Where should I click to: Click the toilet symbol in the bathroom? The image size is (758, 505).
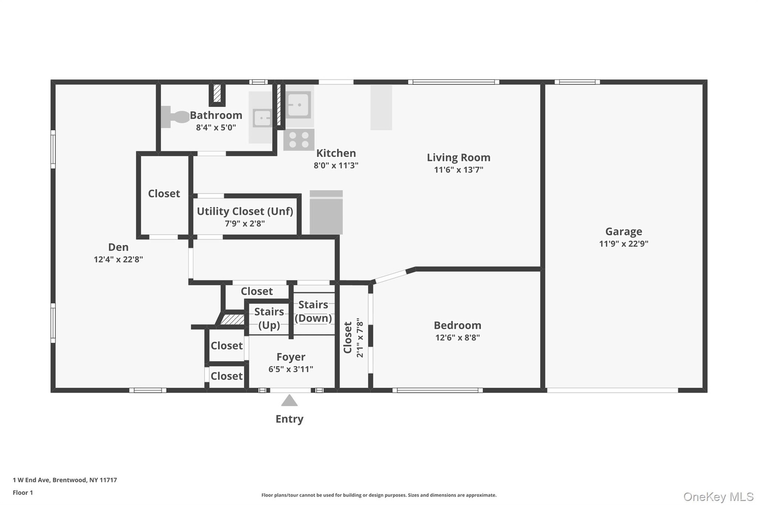[x=175, y=117]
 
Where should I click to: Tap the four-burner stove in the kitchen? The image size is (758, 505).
[x=299, y=140]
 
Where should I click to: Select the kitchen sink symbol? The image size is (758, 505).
[x=298, y=105]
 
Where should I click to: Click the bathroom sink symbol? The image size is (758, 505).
[x=262, y=117]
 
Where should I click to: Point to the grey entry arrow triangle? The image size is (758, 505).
[x=289, y=401]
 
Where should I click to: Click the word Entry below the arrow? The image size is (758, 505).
[x=289, y=419]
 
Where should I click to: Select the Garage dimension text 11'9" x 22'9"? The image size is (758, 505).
[x=624, y=244]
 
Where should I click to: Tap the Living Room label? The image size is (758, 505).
[x=459, y=158]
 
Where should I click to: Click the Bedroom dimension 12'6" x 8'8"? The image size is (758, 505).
[x=458, y=338]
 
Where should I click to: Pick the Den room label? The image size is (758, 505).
[x=118, y=247]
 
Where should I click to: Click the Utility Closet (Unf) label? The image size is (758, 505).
[x=245, y=211]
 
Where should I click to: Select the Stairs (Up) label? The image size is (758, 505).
[x=269, y=318]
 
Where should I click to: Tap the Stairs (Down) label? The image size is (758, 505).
[x=313, y=311]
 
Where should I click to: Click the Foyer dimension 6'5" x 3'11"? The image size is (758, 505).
[x=291, y=369]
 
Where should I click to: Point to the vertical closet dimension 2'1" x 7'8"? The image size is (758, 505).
[x=360, y=338]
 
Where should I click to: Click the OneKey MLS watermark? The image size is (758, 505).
[x=719, y=497]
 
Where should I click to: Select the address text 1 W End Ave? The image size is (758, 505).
[x=31, y=480]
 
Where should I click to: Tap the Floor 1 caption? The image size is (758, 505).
[x=23, y=493]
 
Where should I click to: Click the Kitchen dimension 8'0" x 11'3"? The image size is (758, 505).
[x=336, y=165]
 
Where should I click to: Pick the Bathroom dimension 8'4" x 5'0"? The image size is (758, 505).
[x=216, y=128]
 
